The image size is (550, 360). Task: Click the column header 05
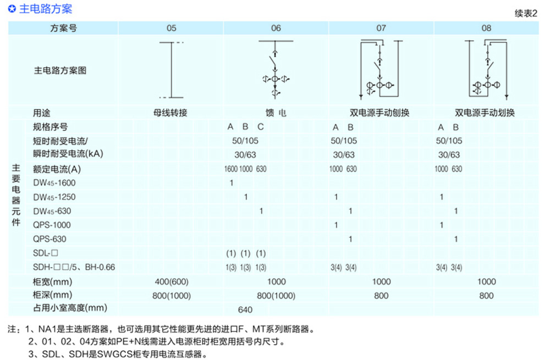[x=171, y=28]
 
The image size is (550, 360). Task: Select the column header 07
[x=381, y=28]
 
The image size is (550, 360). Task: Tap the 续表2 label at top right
[x=526, y=13]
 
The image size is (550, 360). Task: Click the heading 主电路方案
[x=46, y=8]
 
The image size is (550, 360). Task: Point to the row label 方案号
[x=63, y=28]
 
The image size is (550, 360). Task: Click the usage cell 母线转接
[x=170, y=113]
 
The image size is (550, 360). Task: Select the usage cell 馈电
[x=276, y=113]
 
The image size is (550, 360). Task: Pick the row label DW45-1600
[x=54, y=182]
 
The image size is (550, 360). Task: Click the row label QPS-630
[x=50, y=239]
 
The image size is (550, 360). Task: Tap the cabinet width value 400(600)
[x=172, y=281]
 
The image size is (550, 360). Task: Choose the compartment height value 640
[x=245, y=309]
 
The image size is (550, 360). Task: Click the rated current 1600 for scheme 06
[x=231, y=169]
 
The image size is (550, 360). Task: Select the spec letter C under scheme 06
[x=260, y=126]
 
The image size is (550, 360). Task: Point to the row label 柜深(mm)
[x=53, y=295]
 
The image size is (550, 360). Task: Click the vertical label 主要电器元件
[x=16, y=195]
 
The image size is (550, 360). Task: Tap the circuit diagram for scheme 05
[x=172, y=70]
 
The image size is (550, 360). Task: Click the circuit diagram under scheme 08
[x=486, y=69]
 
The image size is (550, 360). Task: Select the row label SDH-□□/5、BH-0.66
[x=74, y=267]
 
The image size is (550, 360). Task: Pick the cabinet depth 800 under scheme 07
[x=381, y=296]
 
